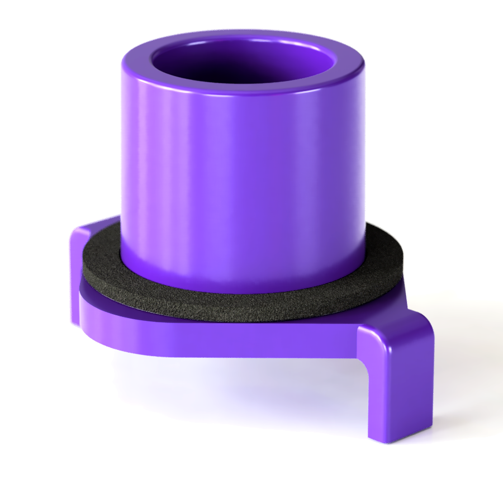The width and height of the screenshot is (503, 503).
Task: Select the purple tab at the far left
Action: (x=77, y=268)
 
